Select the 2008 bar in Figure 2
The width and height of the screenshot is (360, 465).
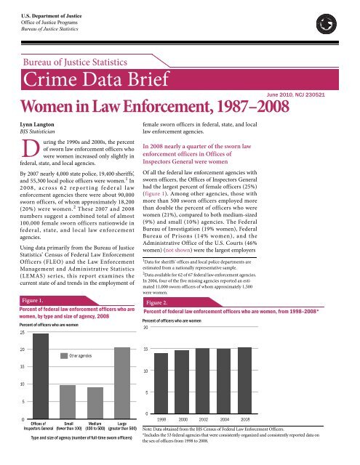(244, 379)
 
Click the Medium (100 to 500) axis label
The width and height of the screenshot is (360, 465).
(95, 426)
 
